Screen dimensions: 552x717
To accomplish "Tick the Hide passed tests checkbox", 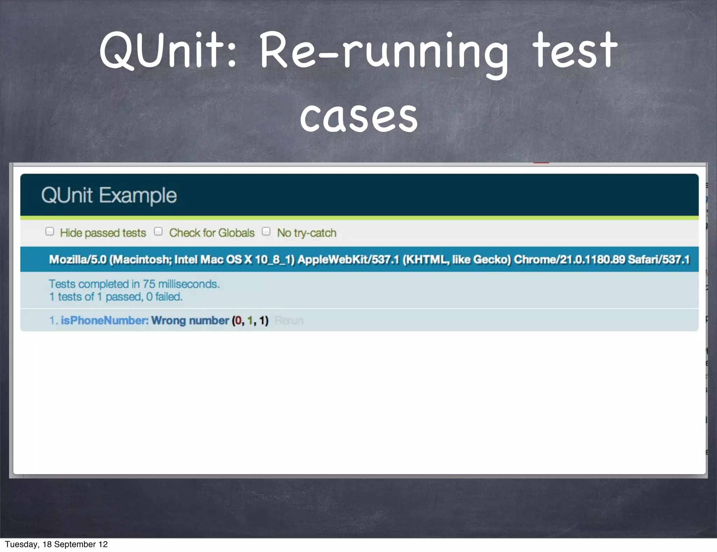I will tap(50, 232).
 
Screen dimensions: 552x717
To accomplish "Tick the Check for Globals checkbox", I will tap(158, 232).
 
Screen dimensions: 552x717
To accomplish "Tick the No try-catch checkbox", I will tap(266, 232).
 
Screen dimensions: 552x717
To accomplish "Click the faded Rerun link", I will tap(289, 320).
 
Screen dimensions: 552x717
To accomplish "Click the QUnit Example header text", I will tap(109, 195).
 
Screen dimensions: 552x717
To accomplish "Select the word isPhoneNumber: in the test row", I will tap(105, 320).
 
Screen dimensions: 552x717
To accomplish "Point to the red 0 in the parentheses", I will tap(238, 320).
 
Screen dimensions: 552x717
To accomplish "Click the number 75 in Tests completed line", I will tap(149, 284).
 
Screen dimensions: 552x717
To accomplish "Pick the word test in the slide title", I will tap(574, 51).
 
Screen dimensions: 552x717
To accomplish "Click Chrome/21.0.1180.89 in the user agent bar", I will tap(569, 260).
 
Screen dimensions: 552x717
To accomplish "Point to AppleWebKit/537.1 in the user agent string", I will tap(348, 260).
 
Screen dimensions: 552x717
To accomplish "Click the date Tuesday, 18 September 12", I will tap(56, 544).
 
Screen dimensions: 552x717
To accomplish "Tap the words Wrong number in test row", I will tap(190, 320).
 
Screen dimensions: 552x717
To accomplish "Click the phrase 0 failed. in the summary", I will tap(164, 297).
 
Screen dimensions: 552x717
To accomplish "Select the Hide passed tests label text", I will tap(103, 233).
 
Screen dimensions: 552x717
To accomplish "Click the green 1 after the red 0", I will tap(250, 320).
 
